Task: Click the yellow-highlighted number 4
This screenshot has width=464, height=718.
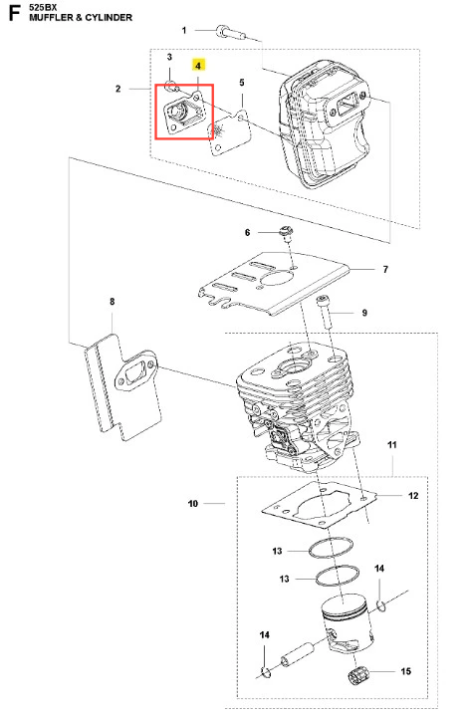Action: click(198, 66)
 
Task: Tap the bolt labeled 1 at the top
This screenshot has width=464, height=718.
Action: click(230, 32)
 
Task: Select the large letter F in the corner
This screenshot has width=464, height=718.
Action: click(15, 13)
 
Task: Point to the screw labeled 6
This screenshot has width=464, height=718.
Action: click(287, 233)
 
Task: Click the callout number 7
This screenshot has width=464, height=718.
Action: click(385, 269)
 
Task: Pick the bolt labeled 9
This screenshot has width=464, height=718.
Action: click(325, 312)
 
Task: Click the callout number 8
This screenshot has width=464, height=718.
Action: click(113, 302)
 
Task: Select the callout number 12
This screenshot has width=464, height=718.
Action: click(413, 496)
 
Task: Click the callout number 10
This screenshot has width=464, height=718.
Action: click(193, 504)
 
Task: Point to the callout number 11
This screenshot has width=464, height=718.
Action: click(392, 444)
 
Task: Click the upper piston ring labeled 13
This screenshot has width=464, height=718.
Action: click(332, 548)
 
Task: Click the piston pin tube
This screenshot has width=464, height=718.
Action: click(297, 654)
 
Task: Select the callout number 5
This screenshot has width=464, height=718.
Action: click(242, 83)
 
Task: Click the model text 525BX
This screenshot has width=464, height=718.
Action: click(42, 7)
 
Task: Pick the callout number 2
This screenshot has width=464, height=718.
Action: click(118, 89)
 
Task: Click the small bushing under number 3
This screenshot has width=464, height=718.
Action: click(171, 86)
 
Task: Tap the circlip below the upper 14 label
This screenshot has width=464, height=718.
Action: click(380, 606)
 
